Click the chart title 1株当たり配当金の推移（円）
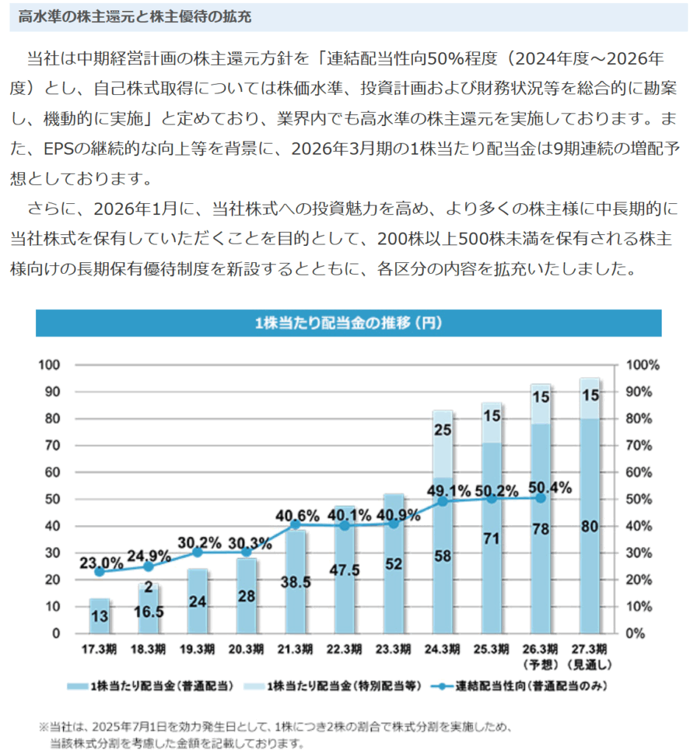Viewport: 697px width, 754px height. pyautogui.click(x=348, y=323)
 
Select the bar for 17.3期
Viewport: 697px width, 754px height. pyautogui.click(x=99, y=617)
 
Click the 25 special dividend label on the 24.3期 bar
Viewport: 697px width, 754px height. pyautogui.click(x=442, y=429)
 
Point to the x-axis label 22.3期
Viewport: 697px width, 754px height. pyautogui.click(x=344, y=649)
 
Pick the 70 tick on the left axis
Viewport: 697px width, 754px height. pyautogui.click(x=54, y=445)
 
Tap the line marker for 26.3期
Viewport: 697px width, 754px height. pyautogui.click(x=540, y=498)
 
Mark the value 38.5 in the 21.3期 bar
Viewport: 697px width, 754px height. pyautogui.click(x=295, y=581)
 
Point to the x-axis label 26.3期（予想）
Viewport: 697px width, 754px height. pyautogui.click(x=540, y=656)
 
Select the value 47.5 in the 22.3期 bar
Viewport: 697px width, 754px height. pyautogui.click(x=344, y=569)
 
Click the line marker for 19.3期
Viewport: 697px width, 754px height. pyautogui.click(x=198, y=552)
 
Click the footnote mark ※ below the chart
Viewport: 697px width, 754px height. pyautogui.click(x=43, y=726)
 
